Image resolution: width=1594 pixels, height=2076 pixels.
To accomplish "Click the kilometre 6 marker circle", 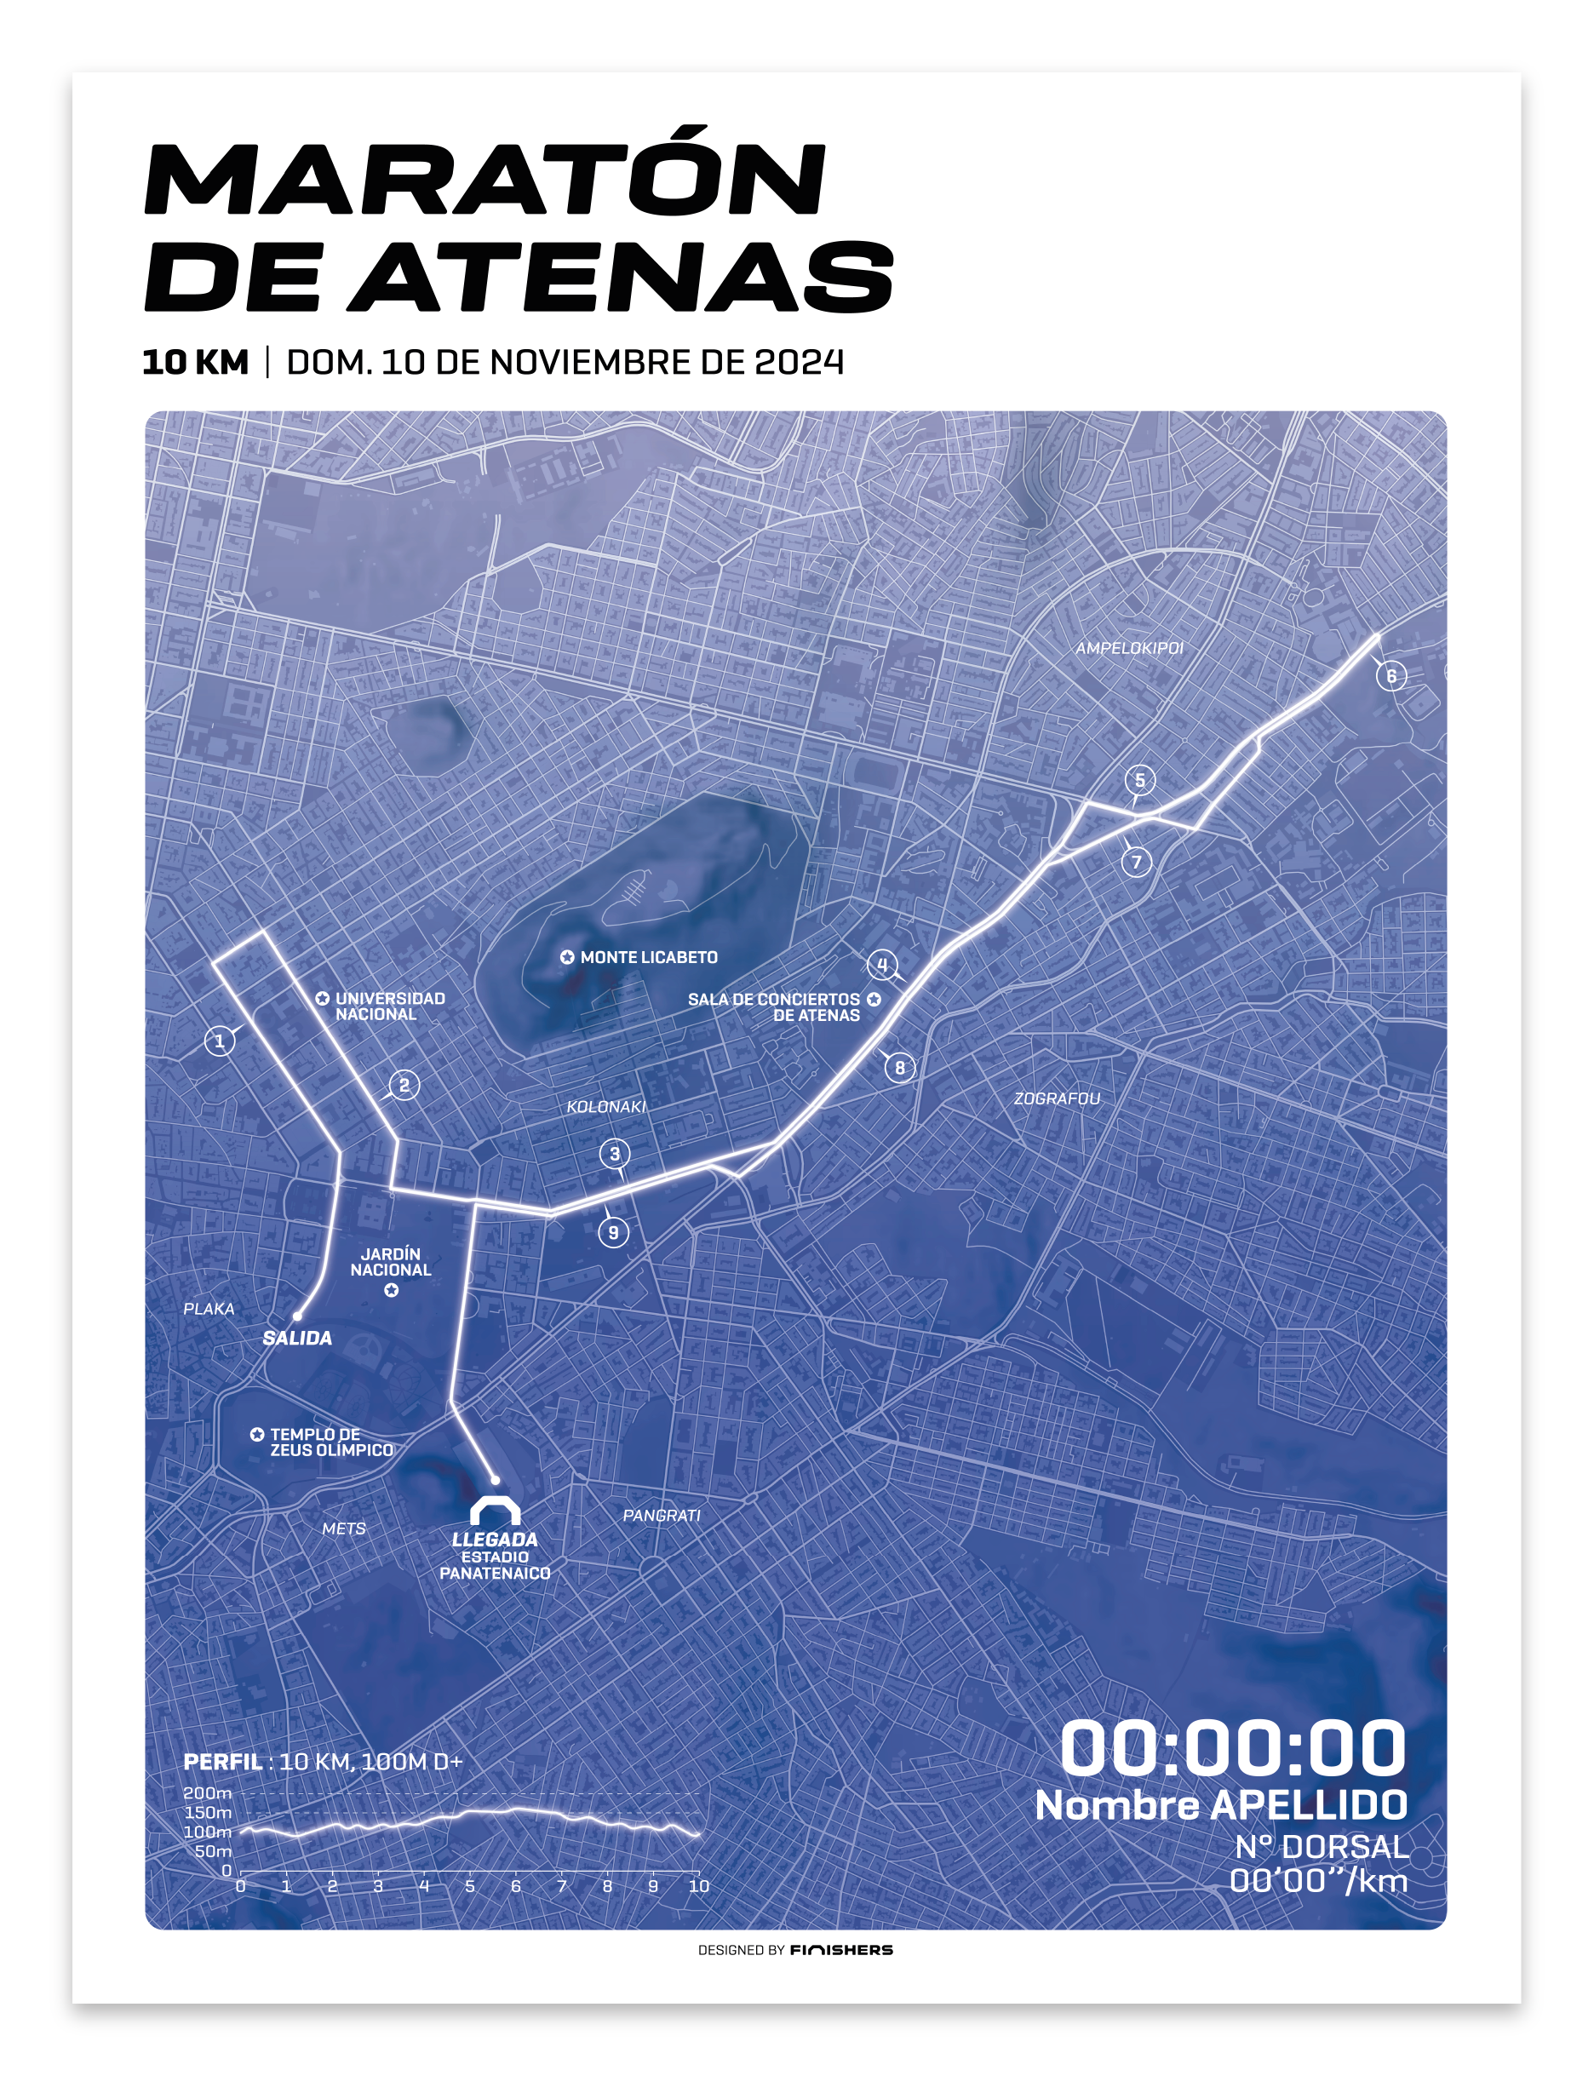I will click(1391, 676).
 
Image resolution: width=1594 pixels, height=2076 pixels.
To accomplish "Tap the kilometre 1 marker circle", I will click(219, 1041).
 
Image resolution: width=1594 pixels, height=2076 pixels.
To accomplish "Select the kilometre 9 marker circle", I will click(613, 1232).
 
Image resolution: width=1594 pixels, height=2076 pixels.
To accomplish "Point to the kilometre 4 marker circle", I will click(881, 965).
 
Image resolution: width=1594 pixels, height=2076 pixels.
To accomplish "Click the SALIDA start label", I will click(297, 1339).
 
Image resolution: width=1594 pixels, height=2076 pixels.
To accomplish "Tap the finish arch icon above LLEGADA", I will click(496, 1511).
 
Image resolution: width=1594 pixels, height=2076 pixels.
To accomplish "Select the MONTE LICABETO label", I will click(648, 957).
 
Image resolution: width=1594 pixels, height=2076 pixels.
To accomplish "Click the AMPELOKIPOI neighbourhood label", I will click(1129, 648).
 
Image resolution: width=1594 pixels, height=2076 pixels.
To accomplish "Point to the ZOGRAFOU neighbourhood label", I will click(1057, 1098).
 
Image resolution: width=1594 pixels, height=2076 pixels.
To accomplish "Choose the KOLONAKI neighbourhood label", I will click(605, 1106).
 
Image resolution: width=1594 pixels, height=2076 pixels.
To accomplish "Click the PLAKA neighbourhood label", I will click(209, 1310).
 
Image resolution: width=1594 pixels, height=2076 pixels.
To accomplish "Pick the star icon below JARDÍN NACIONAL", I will click(391, 1290).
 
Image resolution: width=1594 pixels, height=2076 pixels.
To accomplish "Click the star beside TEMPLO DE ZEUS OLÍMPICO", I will click(257, 1435).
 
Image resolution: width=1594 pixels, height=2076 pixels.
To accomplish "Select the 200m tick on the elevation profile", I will click(207, 1793).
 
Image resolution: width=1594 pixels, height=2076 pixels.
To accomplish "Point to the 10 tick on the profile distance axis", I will click(698, 1886).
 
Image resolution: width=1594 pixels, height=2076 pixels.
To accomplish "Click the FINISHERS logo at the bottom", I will click(840, 1950).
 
